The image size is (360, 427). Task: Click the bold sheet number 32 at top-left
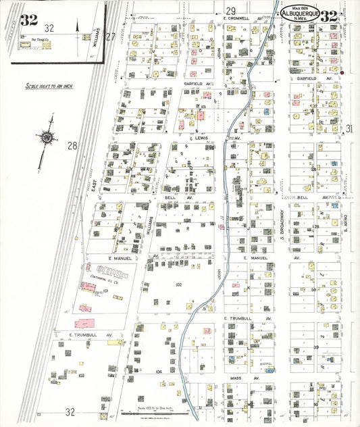click(x=29, y=19)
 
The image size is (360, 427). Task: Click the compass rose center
click(x=46, y=137)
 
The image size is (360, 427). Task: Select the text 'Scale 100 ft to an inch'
click(x=49, y=86)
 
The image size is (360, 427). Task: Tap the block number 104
click(x=159, y=372)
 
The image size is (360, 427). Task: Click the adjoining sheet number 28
click(x=72, y=145)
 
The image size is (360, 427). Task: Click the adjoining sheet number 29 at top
click(x=231, y=11)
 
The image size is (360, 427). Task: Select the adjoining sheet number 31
click(x=349, y=128)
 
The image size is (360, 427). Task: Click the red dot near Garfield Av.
click(x=342, y=72)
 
